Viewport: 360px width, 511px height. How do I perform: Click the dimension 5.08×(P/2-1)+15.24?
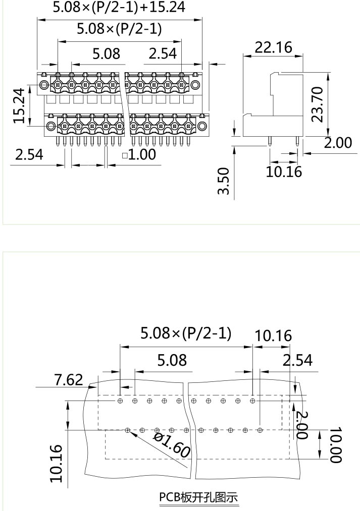[119, 7]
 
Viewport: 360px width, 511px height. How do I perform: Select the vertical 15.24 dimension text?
[19, 106]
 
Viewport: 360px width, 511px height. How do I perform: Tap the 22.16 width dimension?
[274, 47]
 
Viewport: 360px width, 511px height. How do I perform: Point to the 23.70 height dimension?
[318, 104]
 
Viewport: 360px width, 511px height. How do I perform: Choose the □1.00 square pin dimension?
[139, 154]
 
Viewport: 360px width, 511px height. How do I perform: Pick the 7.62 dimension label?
[68, 379]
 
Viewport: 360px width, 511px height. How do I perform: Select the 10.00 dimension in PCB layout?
[336, 445]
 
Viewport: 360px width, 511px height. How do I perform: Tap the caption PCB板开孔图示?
[198, 497]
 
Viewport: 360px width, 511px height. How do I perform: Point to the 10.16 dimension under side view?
[284, 172]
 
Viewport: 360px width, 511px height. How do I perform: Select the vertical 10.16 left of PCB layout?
[57, 463]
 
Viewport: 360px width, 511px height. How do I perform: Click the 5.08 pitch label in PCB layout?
[172, 360]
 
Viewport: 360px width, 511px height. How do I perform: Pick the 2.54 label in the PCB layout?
[297, 360]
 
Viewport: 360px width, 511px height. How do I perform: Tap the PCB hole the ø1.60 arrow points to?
[128, 430]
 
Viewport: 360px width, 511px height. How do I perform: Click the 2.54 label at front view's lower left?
[29, 154]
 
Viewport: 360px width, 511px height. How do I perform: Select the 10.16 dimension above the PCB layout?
[273, 335]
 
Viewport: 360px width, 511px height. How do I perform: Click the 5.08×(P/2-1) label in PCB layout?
[186, 333]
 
